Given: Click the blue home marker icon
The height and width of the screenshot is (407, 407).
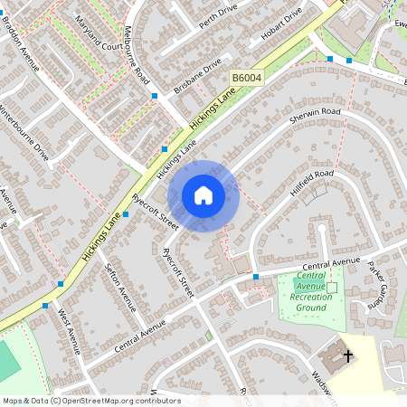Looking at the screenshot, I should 203,195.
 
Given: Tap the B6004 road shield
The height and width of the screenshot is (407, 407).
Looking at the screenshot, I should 245,80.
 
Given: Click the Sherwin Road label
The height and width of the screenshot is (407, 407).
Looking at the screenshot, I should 316,118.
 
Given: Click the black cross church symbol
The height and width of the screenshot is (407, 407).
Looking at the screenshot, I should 348,355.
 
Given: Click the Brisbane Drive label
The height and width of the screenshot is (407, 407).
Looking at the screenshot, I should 200,78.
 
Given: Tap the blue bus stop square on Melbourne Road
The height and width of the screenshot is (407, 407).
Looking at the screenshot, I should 155,95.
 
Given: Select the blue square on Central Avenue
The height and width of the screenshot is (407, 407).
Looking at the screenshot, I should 256,277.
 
